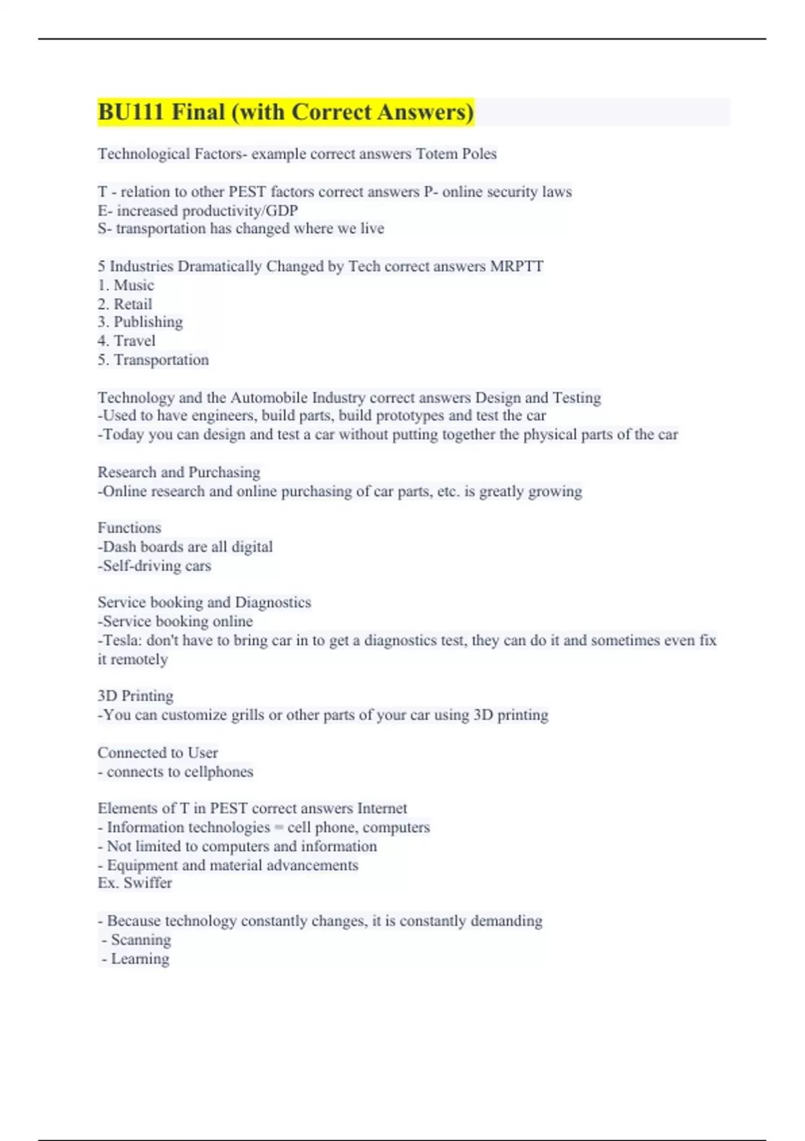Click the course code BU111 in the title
[131, 111]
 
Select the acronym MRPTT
[517, 266]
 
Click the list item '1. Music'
[126, 285]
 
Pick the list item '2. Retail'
[125, 304]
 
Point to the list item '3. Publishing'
[140, 322]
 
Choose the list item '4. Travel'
[127, 341]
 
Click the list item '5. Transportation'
[153, 360]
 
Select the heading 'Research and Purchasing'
[178, 472]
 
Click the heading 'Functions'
[129, 528]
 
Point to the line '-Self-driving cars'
[154, 566]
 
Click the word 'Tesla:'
[121, 640]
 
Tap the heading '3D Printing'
[136, 696]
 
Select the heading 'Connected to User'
[158, 752]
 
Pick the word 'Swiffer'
[148, 883]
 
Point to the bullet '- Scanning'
[137, 940]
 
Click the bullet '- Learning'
[136, 958]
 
